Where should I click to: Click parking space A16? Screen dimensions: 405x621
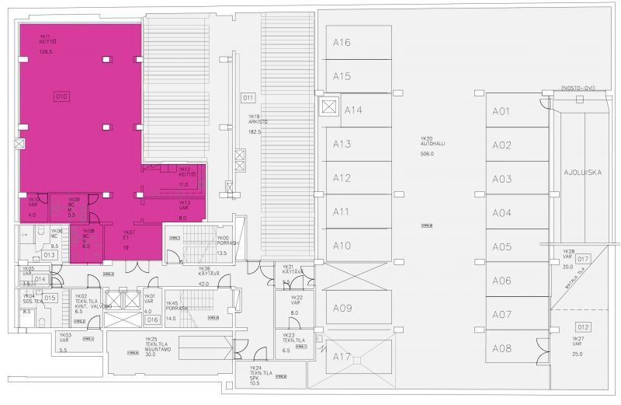342,42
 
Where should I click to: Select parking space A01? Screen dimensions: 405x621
501,111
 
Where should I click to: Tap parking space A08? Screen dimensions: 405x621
501,348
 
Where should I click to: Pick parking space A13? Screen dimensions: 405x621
342,144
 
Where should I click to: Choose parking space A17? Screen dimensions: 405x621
342,357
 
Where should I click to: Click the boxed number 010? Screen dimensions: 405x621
61,96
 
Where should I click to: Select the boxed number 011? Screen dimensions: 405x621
248,98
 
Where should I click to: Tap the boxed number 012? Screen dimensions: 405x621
583,326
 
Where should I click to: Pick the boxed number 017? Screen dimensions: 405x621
584,259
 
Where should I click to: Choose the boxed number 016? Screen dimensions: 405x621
151,319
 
